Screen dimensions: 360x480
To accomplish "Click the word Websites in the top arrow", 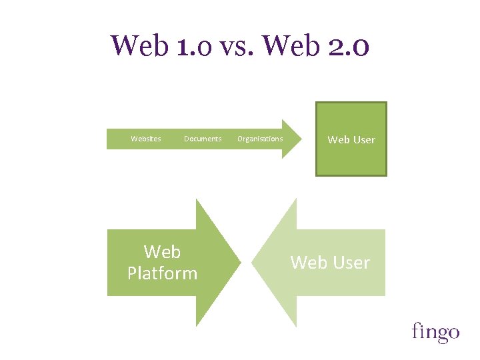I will [145, 139].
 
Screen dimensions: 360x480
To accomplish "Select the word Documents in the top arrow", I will [203, 139].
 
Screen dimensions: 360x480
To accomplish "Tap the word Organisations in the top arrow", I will [260, 139].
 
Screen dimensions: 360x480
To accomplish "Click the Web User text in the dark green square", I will [351, 139].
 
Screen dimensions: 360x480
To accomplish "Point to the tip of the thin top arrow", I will [301, 139].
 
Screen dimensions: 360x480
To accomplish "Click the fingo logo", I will [435, 331].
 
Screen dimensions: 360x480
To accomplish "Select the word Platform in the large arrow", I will [162, 273].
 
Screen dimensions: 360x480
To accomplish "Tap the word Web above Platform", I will [162, 252].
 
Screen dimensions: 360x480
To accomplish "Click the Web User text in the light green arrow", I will [330, 263].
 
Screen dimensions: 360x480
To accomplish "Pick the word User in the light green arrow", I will [351, 263].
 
